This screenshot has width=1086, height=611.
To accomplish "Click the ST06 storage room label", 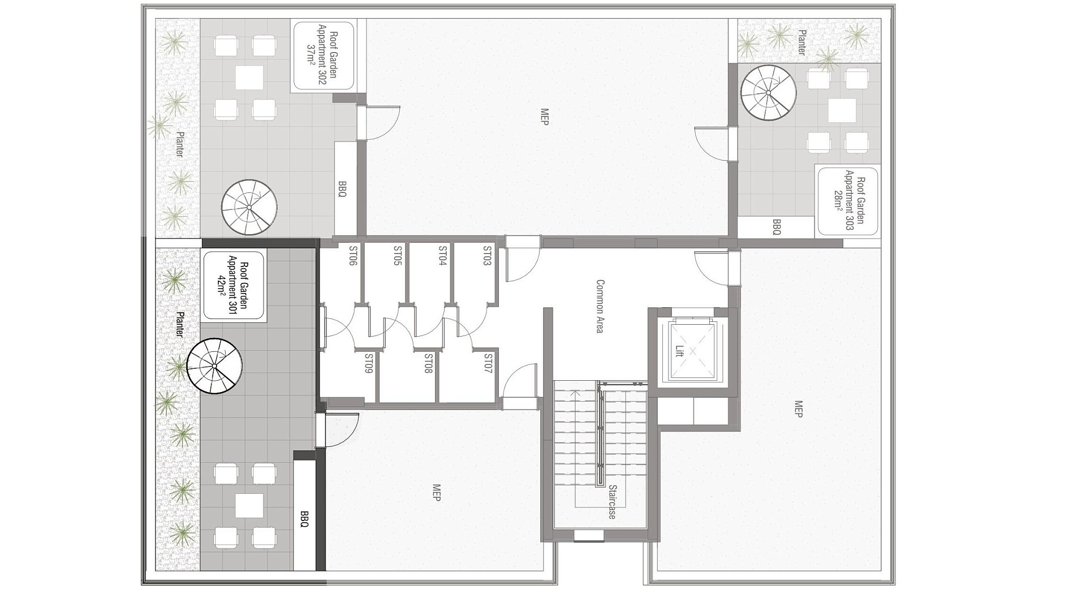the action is coord(353,256).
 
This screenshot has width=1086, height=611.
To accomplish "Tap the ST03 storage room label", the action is coord(487,256).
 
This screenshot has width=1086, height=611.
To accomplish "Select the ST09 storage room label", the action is coord(368,364).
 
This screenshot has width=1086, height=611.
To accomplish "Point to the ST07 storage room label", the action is coord(488,364).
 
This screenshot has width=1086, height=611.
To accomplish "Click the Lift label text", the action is coord(679,351).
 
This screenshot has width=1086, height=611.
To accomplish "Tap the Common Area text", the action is coord(600,306).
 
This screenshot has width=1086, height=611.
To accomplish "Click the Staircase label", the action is coord(612,502).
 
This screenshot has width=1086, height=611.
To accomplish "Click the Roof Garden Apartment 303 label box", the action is coord(848,201).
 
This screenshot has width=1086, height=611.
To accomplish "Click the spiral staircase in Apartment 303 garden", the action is coord(768,93).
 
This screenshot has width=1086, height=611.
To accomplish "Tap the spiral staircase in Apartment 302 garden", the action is coord(249,208).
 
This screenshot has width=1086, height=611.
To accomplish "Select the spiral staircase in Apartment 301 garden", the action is coord(214,366).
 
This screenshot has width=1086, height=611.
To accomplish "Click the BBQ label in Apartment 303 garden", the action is coord(777,227).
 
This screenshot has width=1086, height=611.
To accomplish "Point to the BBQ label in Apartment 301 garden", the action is coord(304,519).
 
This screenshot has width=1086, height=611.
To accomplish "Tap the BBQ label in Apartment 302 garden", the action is coord(342,189).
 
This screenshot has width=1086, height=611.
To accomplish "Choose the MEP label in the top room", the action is coord(545,117).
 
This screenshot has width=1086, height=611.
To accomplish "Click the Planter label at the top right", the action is coord(801,42).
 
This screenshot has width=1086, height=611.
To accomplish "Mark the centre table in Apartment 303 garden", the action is coord(842,110).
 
